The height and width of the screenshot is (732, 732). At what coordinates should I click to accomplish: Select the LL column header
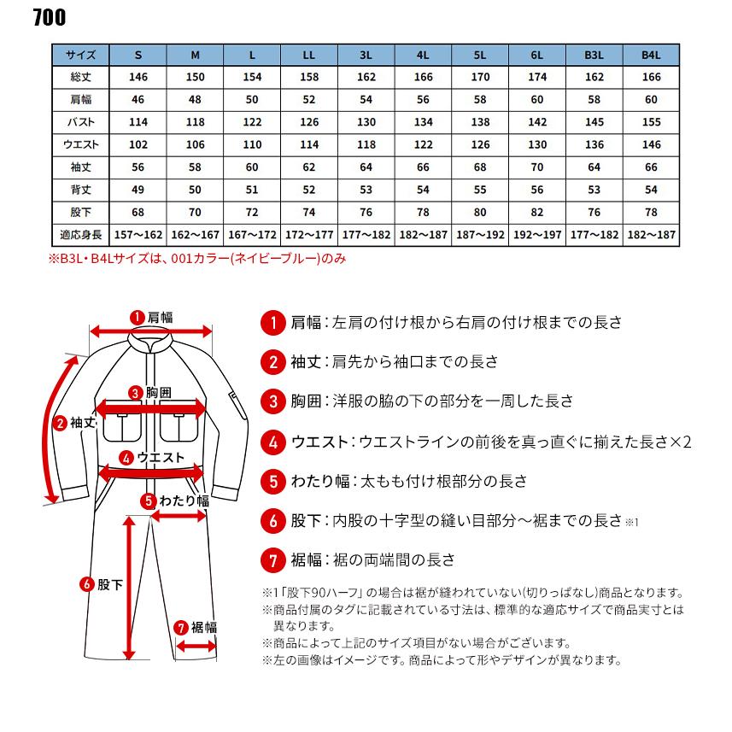coord(309,56)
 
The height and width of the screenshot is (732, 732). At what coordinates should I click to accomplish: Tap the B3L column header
coord(594,56)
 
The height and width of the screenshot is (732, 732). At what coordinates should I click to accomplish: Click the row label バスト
coord(81,122)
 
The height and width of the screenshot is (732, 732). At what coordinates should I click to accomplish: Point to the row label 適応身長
coord(81,234)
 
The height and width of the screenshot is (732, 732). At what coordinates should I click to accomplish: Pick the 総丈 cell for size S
coord(138,78)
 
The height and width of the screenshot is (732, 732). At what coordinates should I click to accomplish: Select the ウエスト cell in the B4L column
coord(651,144)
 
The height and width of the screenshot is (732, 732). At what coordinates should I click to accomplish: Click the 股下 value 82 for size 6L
coord(537,212)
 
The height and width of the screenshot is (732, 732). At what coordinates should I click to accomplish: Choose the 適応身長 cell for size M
coord(196,234)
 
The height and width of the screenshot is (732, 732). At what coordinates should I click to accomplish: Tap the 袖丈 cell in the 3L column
coord(366,167)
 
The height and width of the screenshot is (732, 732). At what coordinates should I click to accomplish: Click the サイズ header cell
coord(81,56)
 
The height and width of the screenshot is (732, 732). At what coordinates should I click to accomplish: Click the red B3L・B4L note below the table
coord(198,256)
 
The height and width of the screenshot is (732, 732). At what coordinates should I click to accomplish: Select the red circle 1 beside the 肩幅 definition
coord(272,323)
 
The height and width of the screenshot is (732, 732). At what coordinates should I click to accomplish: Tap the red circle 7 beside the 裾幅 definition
coord(272,561)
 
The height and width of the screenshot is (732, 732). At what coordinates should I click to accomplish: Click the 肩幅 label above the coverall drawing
coord(160,317)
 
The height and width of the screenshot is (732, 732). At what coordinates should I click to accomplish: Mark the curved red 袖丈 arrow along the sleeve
coord(54,427)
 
